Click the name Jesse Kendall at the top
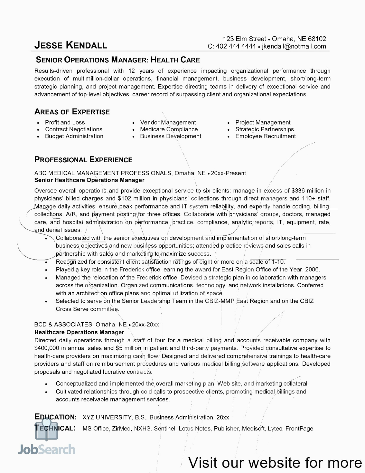point(71,45)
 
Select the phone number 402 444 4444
point(236,46)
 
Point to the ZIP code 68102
point(317,39)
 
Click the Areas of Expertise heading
point(72,112)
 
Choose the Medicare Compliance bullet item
point(169,129)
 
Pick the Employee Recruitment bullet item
point(265,136)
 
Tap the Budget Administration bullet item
point(74,136)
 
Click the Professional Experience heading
point(83,160)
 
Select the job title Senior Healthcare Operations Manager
point(89,180)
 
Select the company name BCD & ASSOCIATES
point(63,324)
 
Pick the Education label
point(56,417)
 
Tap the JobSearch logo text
point(47,449)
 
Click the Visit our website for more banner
point(275,463)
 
